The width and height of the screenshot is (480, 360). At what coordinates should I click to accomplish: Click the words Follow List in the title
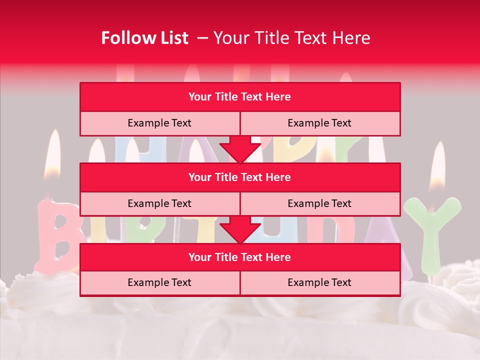(x=144, y=38)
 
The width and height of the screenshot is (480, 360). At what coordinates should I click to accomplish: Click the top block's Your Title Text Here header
(x=239, y=97)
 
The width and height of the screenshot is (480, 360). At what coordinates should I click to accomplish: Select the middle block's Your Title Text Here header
(x=239, y=177)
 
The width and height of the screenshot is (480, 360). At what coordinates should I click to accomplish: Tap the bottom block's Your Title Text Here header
(x=239, y=257)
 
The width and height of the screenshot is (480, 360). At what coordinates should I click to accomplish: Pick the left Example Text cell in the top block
(x=159, y=123)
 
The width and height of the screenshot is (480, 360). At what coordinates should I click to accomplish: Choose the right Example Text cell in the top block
(x=319, y=123)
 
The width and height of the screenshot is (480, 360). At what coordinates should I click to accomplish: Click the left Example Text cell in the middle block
(x=159, y=203)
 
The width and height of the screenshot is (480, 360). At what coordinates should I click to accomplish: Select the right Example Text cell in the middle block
(x=319, y=203)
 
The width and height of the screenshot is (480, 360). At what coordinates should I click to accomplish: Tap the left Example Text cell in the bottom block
(x=159, y=282)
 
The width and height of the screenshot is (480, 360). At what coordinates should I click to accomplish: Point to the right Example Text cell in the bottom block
(x=319, y=282)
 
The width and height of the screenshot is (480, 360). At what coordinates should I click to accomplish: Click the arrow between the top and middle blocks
(x=240, y=148)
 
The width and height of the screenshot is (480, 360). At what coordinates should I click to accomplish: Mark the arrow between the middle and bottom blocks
(x=240, y=229)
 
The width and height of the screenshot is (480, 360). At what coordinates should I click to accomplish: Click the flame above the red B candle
(x=52, y=155)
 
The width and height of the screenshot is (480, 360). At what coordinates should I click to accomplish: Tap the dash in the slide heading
(x=202, y=38)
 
